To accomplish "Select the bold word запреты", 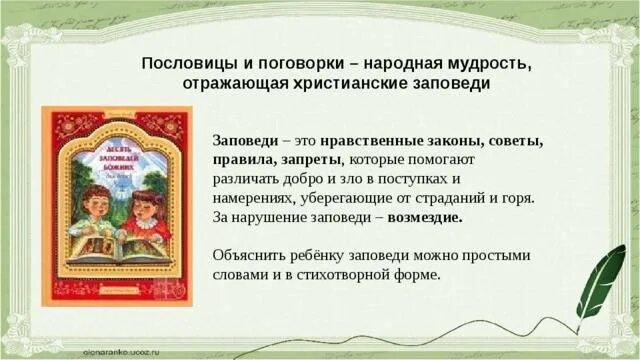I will coord(305,160).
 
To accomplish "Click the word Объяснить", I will coord(251,254).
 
